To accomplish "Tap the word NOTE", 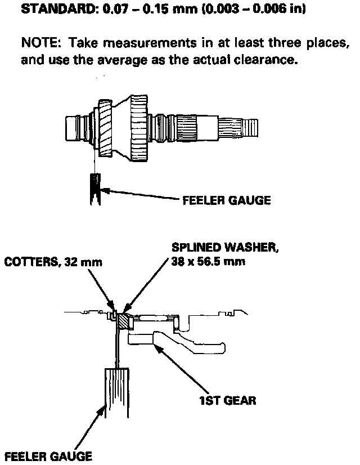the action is coord(38,43).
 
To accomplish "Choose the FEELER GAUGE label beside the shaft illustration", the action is coord(226,200).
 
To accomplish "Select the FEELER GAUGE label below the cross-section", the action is coord(47,456).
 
